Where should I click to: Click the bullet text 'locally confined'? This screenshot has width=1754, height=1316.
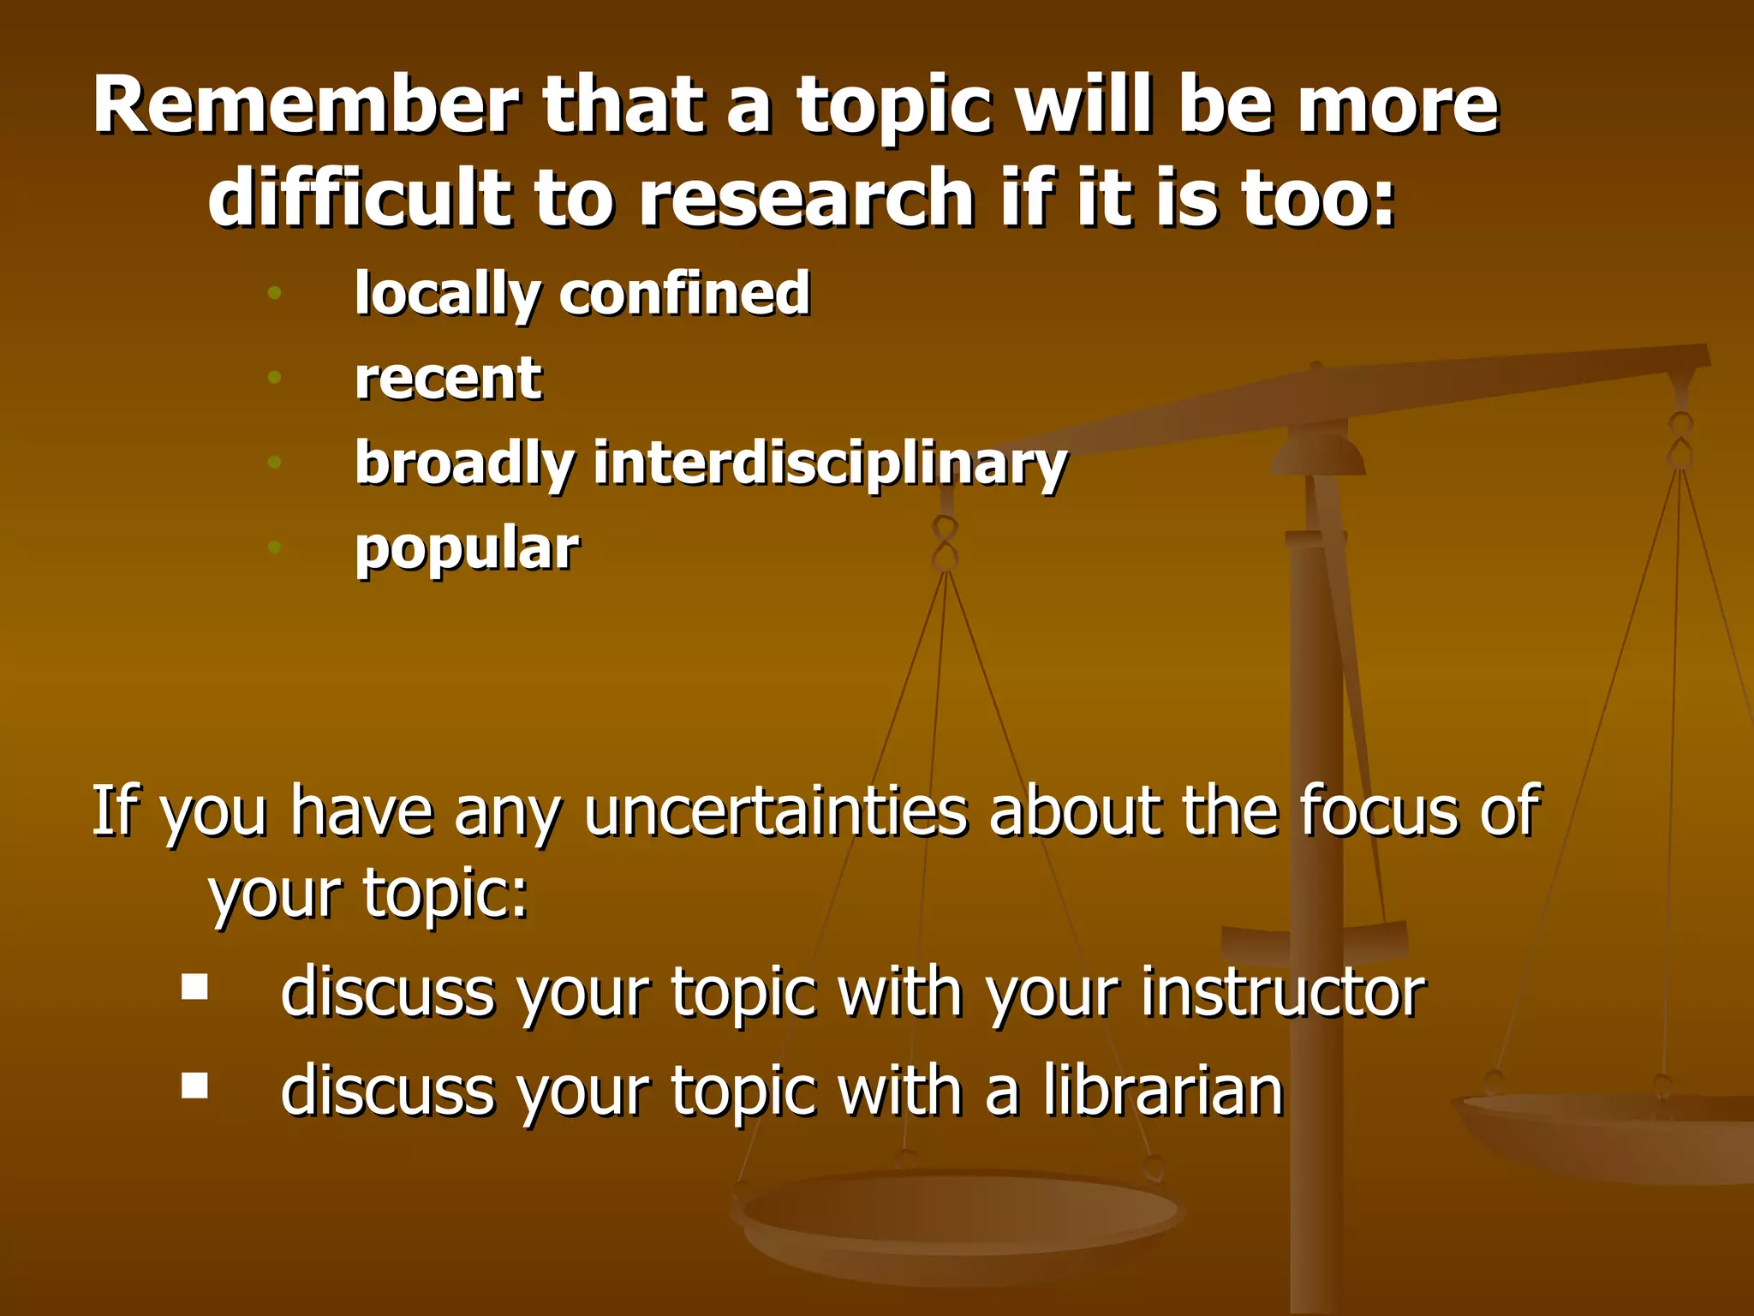click(x=582, y=293)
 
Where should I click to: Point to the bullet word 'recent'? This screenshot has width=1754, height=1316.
click(x=448, y=378)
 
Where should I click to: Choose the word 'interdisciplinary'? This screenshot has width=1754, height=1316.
click(x=830, y=464)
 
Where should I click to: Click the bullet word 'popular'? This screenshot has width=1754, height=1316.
click(x=467, y=548)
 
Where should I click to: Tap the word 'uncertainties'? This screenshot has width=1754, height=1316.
click(x=775, y=811)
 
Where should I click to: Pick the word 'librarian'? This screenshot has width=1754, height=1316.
click(x=1163, y=1091)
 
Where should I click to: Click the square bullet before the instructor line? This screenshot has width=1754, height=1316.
click(x=195, y=987)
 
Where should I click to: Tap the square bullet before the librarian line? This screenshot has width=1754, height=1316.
click(x=195, y=1086)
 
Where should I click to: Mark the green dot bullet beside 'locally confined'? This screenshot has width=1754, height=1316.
click(x=274, y=293)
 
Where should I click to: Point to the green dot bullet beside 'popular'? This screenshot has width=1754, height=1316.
click(x=274, y=547)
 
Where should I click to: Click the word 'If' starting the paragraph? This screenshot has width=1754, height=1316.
click(x=114, y=811)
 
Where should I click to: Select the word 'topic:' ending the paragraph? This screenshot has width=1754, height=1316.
click(x=445, y=894)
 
